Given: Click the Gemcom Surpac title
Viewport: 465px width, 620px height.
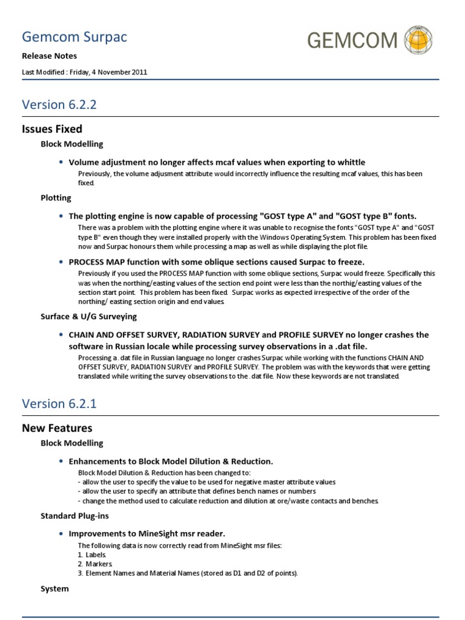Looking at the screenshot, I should coord(74,38).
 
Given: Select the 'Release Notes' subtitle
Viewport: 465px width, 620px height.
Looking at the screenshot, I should coord(49,56).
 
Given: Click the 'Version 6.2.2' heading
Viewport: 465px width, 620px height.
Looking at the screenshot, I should coord(59,104).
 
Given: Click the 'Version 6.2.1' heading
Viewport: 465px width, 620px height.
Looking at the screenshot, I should coord(59,403).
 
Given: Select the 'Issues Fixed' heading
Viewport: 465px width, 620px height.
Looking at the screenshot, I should coord(52,129).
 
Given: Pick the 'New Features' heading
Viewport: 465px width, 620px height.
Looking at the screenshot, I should coord(57,428).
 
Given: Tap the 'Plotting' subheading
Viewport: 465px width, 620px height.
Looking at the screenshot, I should coord(56,198).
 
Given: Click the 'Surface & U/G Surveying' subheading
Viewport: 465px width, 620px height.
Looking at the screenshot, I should coord(88,316).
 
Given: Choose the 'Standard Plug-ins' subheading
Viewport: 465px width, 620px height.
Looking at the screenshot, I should coord(74,515).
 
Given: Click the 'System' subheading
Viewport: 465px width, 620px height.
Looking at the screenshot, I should coord(54,589).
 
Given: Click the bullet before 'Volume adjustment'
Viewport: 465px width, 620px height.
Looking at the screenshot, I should coord(62,162).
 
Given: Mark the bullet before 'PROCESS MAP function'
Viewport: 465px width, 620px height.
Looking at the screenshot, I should coord(62,262).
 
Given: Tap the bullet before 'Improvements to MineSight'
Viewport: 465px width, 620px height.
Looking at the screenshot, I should coord(62,533).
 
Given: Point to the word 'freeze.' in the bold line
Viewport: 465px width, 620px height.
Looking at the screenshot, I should coord(348,262).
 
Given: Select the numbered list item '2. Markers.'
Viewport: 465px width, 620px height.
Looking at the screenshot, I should coord(93,564).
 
